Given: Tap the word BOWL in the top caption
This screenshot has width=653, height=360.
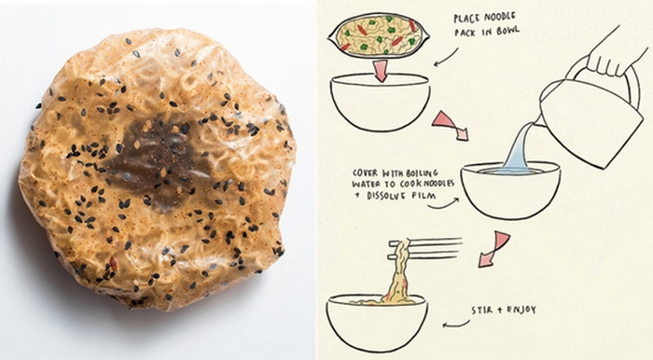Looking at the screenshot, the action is pyautogui.click(x=507, y=32).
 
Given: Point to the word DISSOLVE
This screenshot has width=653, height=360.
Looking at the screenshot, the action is pyautogui.click(x=381, y=196).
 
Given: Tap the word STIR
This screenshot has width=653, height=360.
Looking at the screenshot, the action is pyautogui.click(x=480, y=311).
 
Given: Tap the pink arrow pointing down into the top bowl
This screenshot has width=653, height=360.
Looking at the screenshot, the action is pyautogui.click(x=380, y=70).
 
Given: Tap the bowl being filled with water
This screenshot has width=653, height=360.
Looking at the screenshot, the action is pyautogui.click(x=510, y=189).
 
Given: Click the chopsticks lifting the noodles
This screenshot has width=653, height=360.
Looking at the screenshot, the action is pyautogui.click(x=424, y=248).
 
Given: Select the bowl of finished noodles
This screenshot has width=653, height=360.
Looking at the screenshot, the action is pyautogui.click(x=377, y=322).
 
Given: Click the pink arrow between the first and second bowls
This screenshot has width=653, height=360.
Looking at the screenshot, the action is pyautogui.click(x=450, y=125).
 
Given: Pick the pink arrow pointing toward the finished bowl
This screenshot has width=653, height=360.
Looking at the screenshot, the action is pyautogui.click(x=493, y=249).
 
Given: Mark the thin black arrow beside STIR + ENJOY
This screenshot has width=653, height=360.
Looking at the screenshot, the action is pyautogui.click(x=456, y=324).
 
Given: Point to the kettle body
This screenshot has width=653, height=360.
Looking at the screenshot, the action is pyautogui.click(x=591, y=120).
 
